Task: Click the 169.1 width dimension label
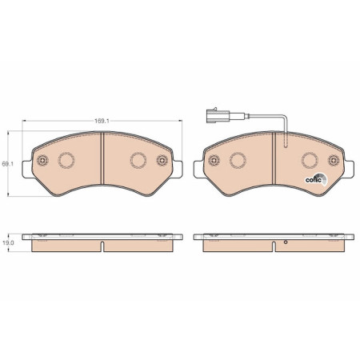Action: coord(102,121)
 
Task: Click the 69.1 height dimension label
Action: coord(7,164)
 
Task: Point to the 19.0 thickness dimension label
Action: coord(9,243)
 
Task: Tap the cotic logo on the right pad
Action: coord(316,179)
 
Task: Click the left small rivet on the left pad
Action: coord(42,160)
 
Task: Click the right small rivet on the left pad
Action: coord(162,160)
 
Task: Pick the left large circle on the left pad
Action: coord(66,160)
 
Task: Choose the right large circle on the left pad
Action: coord(138,160)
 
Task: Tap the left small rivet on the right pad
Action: coord(214,160)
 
